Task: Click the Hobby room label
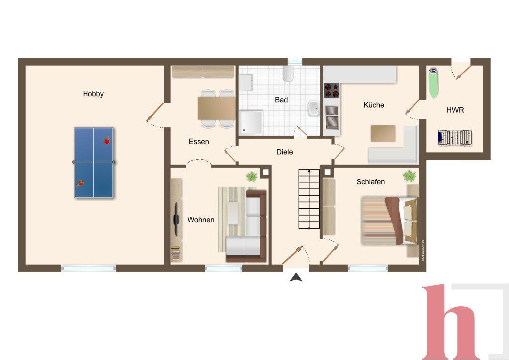click(x=93, y=94)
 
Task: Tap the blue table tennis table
click(x=94, y=163)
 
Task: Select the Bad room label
click(x=281, y=100)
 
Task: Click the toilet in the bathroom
click(x=288, y=74)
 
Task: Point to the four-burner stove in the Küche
click(x=332, y=90)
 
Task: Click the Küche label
click(x=374, y=105)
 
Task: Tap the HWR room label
click(x=455, y=110)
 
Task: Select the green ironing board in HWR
click(x=433, y=83)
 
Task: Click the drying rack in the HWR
click(x=454, y=138)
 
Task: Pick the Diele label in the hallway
click(x=285, y=152)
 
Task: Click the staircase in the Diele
click(x=309, y=199)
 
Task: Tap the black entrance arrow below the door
click(x=296, y=277)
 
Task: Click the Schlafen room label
click(x=371, y=182)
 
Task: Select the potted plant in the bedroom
click(x=409, y=176)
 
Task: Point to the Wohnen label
click(x=201, y=220)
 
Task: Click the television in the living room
click(x=176, y=219)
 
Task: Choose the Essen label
click(x=199, y=142)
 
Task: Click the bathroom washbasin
click(x=313, y=108)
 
